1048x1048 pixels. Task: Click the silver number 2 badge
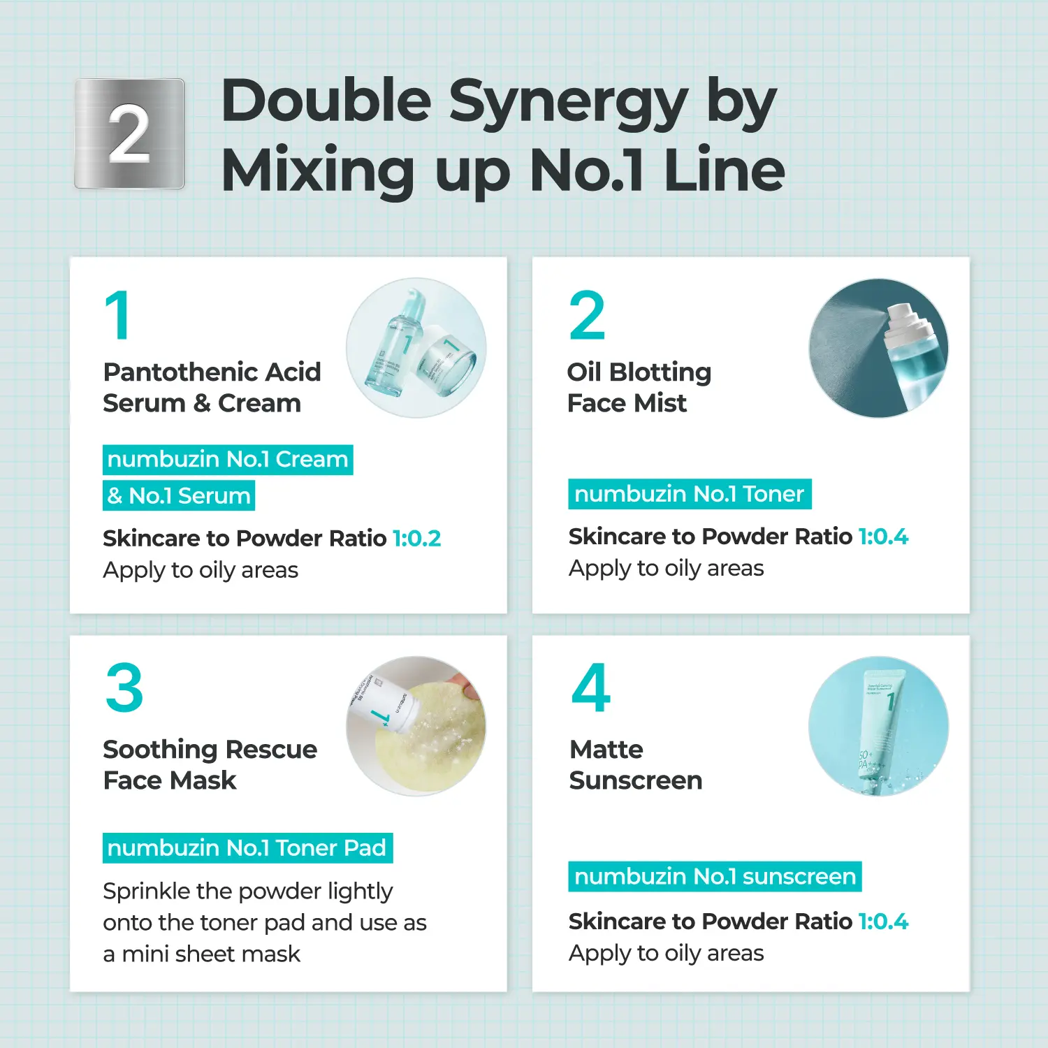click(129, 133)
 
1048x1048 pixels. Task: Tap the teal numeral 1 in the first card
click(118, 315)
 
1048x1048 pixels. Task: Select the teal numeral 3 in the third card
click(124, 687)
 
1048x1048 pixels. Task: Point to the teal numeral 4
click(591, 687)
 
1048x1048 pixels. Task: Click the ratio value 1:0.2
click(417, 538)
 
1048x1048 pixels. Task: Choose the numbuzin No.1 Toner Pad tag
click(247, 847)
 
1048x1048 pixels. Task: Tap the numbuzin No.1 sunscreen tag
click(715, 876)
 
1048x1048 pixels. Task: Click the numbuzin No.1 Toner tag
click(690, 494)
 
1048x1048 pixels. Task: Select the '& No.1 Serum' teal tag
click(179, 495)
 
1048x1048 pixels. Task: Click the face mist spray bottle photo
click(879, 348)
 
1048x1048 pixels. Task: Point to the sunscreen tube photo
click(879, 726)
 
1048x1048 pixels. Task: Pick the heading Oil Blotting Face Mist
click(639, 387)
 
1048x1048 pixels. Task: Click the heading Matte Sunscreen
click(636, 764)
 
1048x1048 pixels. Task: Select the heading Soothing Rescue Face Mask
click(210, 764)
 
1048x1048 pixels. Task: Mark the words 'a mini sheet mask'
click(202, 954)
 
